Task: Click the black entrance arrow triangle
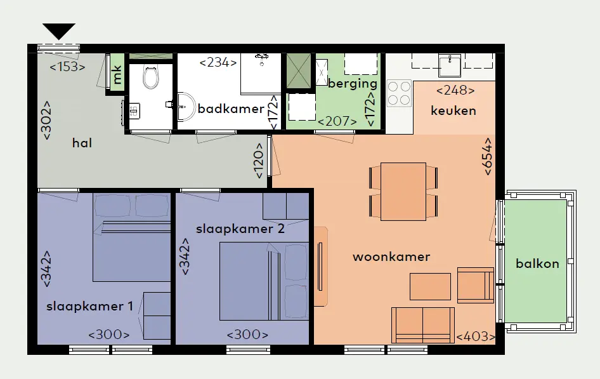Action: click(59, 30)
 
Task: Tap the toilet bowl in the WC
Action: click(151, 77)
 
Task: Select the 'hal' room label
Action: click(82, 143)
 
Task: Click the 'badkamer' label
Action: click(231, 109)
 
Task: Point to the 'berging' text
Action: click(353, 84)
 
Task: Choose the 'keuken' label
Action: click(453, 110)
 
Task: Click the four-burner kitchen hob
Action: click(399, 93)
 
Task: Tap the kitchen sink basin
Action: click(450, 65)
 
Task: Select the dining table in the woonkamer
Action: click(403, 192)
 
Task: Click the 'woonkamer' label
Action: click(391, 256)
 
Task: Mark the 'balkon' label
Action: click(537, 263)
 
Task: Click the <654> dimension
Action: click(487, 156)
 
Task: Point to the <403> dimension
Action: click(476, 336)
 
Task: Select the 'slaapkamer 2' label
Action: click(240, 229)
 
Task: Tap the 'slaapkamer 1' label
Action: click(89, 306)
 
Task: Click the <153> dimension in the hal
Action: click(67, 67)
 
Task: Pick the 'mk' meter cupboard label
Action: click(117, 75)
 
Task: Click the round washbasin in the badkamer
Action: click(186, 107)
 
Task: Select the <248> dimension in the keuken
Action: click(455, 90)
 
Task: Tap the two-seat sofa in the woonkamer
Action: click(423, 325)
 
